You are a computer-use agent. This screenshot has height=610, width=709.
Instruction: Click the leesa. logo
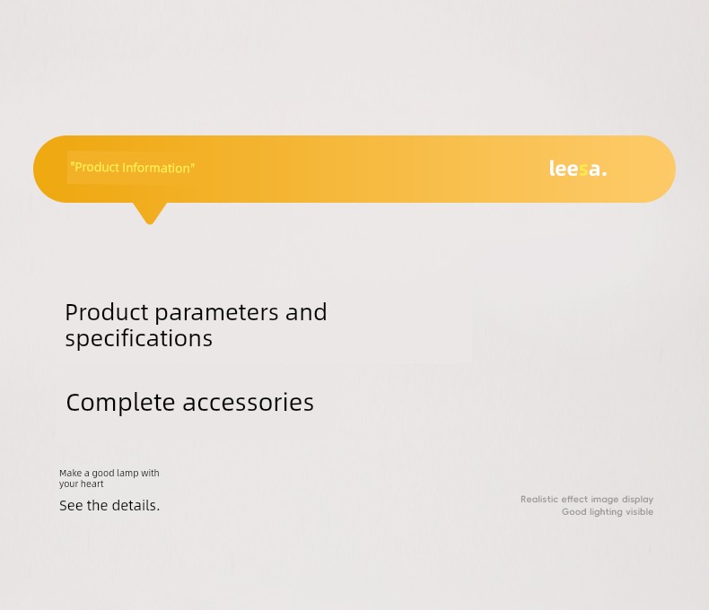pyautogui.click(x=578, y=169)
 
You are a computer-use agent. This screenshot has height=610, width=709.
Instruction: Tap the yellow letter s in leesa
pyautogui.click(x=583, y=170)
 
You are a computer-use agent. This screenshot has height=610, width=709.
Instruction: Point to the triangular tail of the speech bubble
pyautogui.click(x=150, y=213)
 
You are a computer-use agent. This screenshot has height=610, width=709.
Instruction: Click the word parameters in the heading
pyautogui.click(x=216, y=313)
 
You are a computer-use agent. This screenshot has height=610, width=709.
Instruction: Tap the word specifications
pyautogui.click(x=139, y=339)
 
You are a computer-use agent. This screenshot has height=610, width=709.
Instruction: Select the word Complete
pyautogui.click(x=120, y=403)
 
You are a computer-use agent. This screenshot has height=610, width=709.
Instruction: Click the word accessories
pyautogui.click(x=248, y=403)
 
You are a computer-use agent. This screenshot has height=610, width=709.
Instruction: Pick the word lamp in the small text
pyautogui.click(x=127, y=473)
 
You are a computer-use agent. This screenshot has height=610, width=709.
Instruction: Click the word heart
pyautogui.click(x=92, y=484)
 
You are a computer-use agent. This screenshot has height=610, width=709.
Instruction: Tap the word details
pyautogui.click(x=136, y=505)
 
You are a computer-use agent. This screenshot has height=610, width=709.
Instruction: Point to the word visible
pyautogui.click(x=639, y=512)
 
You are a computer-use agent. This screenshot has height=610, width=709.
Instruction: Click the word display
pyautogui.click(x=637, y=500)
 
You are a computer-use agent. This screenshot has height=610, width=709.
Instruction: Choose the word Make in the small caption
pyautogui.click(x=71, y=473)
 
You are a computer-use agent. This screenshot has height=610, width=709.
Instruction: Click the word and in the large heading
pyautogui.click(x=306, y=312)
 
